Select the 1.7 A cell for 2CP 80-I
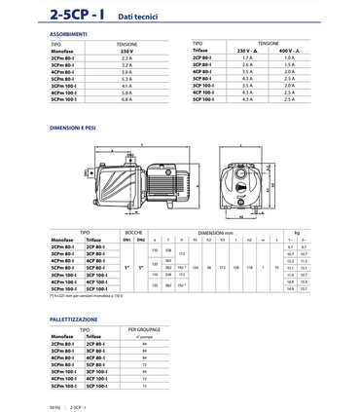(246, 58)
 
